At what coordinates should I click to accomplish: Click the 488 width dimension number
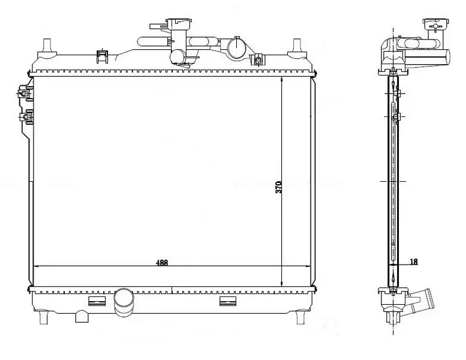tap(162, 262)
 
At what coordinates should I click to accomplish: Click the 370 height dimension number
tap(278, 187)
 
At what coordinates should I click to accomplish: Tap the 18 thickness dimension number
tap(414, 262)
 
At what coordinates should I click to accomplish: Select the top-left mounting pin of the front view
tap(47, 46)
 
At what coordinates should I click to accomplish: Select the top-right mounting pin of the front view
tap(297, 46)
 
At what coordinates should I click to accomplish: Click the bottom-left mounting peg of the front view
tap(43, 317)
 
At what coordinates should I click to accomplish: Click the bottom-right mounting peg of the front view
tap(300, 317)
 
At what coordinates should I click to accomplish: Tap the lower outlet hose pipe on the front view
tap(124, 302)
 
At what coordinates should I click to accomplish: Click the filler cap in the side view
tap(435, 24)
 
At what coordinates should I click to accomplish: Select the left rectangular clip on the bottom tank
tap(97, 301)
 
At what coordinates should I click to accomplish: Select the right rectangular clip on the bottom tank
tap(228, 301)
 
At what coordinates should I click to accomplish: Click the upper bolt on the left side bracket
tap(23, 94)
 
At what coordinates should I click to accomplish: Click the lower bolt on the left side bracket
tap(26, 117)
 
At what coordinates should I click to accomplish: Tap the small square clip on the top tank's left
tap(101, 56)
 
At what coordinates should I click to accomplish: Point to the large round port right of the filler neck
tap(237, 47)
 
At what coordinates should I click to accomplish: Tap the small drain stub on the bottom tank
tap(80, 316)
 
